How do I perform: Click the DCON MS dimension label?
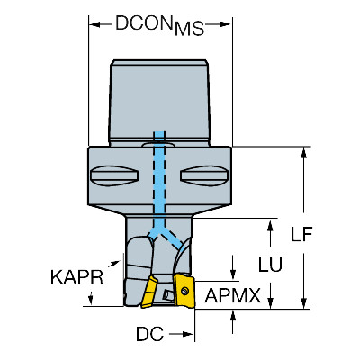(159, 25)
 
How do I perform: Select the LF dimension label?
(301, 234)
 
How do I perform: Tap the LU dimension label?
(270, 265)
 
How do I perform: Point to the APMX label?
(233, 295)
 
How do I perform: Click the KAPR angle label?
(76, 277)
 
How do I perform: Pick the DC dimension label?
(150, 334)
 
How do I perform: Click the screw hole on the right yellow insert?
(185, 290)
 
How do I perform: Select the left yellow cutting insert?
(149, 292)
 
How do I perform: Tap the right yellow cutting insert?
(184, 291)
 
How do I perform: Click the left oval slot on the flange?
(114, 176)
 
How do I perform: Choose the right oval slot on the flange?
(204, 176)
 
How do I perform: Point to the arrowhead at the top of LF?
(304, 152)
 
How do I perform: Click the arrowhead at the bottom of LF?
(304, 303)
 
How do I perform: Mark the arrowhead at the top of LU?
(270, 225)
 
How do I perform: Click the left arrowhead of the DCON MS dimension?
(94, 24)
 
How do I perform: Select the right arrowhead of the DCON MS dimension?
(226, 24)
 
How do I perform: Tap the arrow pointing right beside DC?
(182, 334)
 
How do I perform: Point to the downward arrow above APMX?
(233, 268)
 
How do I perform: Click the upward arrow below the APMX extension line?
(233, 321)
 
